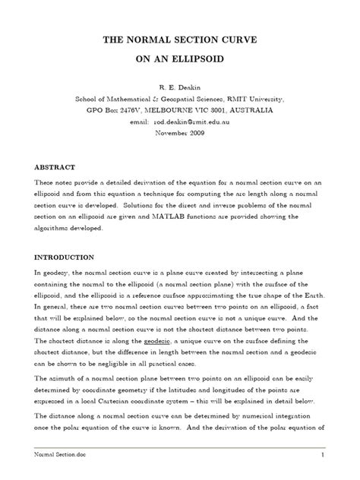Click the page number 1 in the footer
coord(323,455)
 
